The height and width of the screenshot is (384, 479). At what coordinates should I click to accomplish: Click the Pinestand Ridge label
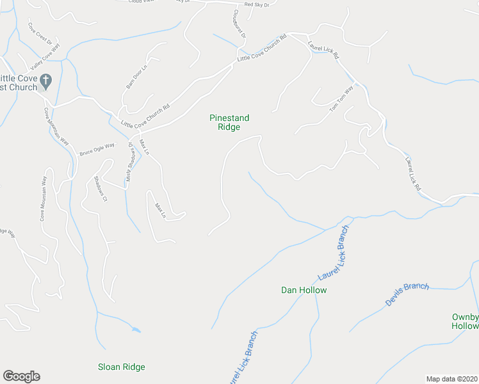point(229,122)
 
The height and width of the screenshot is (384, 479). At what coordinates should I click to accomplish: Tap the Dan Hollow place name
point(304,290)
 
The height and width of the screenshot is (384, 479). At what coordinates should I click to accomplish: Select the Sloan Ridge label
point(121,367)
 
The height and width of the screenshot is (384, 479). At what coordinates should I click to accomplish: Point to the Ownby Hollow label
point(466,321)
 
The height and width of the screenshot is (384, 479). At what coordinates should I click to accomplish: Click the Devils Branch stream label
point(407,294)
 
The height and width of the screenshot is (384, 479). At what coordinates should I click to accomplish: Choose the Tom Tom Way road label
point(341,100)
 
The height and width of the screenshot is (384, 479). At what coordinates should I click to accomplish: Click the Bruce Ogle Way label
point(96,149)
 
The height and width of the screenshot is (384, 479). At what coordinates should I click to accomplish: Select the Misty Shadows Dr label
point(131,163)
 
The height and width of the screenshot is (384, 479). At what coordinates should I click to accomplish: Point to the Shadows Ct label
point(99,189)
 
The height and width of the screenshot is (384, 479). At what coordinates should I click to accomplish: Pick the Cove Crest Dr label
point(40,34)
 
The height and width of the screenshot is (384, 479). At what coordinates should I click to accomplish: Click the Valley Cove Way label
point(45,58)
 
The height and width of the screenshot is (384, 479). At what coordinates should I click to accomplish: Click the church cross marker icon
point(45,81)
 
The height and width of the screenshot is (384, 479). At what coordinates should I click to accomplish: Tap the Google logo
point(21,376)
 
